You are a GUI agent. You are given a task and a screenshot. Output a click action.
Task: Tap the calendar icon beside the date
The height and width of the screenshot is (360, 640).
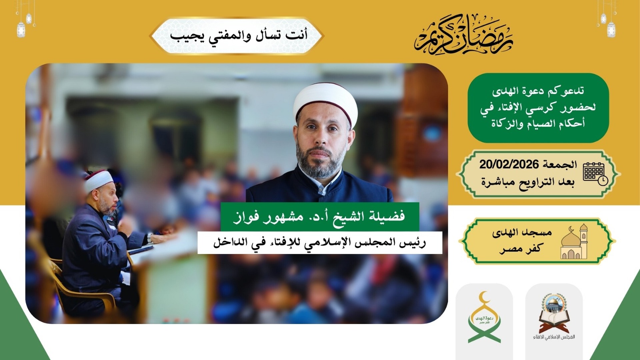(x=595, y=173)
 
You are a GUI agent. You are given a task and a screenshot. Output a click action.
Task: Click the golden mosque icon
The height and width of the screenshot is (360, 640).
(x=574, y=242)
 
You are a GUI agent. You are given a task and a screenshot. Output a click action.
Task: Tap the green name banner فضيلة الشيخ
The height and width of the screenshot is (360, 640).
(x=319, y=217)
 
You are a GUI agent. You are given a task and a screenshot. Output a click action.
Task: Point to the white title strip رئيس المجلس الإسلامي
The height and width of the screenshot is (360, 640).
(x=319, y=243)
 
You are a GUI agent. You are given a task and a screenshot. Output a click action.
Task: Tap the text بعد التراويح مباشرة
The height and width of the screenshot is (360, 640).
(x=527, y=182)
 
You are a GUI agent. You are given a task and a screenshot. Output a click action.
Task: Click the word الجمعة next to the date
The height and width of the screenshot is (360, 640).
(x=560, y=164)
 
